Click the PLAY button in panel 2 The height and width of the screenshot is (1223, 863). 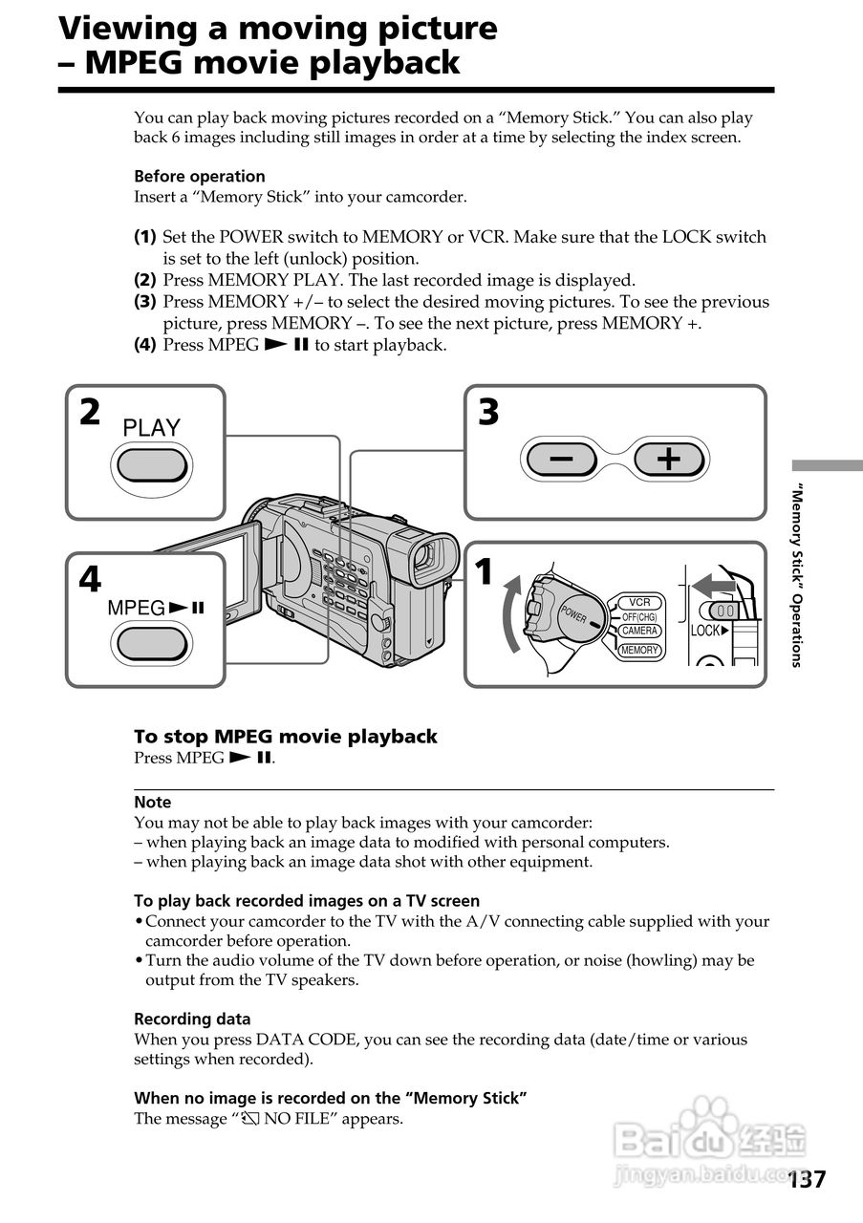[151, 465]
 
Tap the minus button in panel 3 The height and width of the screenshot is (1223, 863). [562, 460]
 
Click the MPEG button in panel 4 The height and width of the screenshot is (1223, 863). [151, 641]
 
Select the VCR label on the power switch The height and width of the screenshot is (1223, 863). [639, 602]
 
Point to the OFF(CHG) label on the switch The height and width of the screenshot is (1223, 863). [639, 617]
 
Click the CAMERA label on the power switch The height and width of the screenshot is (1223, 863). [639, 632]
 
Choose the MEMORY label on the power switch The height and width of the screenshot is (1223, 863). [639, 650]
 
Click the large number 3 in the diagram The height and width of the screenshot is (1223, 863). [488, 413]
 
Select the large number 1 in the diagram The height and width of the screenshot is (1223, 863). [485, 572]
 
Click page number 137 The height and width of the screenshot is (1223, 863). [808, 1179]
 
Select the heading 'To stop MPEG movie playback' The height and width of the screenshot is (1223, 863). [285, 737]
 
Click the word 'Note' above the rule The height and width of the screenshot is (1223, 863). [153, 803]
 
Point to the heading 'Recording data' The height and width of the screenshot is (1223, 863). [192, 1019]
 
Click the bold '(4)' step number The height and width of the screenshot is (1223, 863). [144, 345]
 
